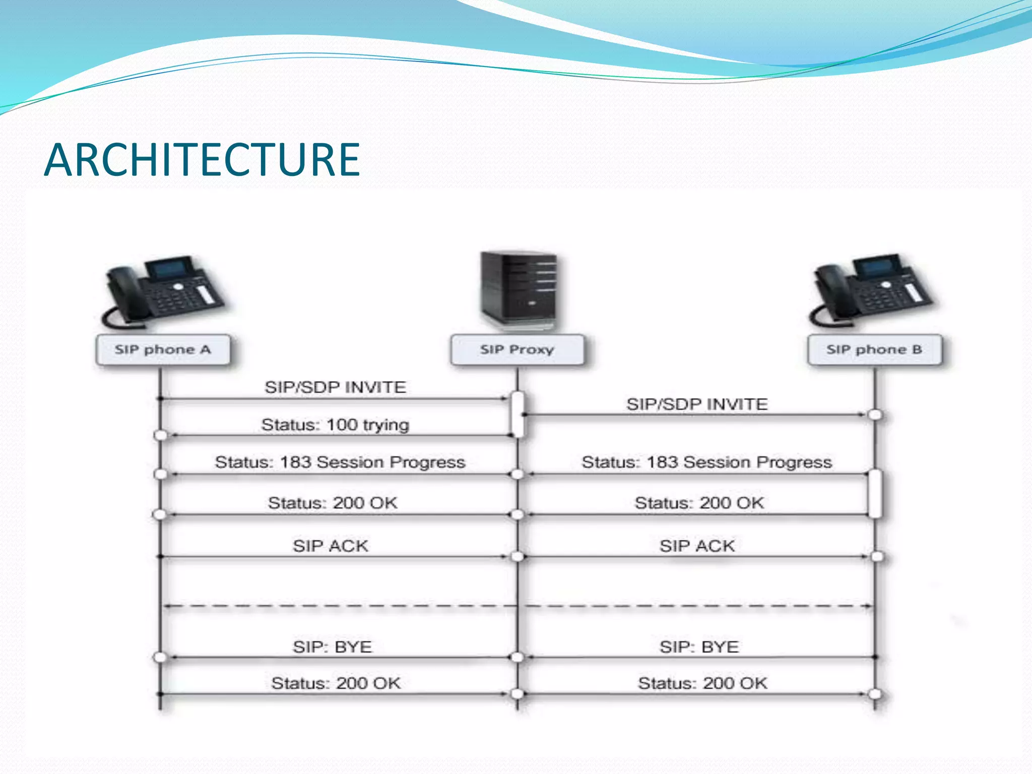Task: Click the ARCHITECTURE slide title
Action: pyautogui.click(x=202, y=160)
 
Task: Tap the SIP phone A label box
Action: pyautogui.click(x=163, y=350)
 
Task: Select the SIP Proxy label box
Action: pyautogui.click(x=518, y=350)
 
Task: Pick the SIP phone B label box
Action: pyautogui.click(x=874, y=350)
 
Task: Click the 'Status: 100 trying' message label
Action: pyautogui.click(x=335, y=425)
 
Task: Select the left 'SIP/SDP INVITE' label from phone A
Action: pyautogui.click(x=335, y=387)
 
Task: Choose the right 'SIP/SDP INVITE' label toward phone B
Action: pyautogui.click(x=697, y=404)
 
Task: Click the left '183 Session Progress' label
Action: pyautogui.click(x=340, y=462)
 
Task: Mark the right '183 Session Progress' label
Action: pyautogui.click(x=706, y=462)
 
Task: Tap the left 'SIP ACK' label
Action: pyautogui.click(x=331, y=546)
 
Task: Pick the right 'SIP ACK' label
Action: pyautogui.click(x=697, y=546)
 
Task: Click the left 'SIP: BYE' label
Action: pyautogui.click(x=333, y=647)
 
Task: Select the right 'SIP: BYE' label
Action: pyautogui.click(x=699, y=647)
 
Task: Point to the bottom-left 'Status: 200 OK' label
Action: pyautogui.click(x=336, y=683)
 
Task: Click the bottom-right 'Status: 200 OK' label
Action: pyautogui.click(x=702, y=683)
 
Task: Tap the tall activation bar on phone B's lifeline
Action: pyautogui.click(x=875, y=493)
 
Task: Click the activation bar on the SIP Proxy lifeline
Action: pyautogui.click(x=518, y=414)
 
